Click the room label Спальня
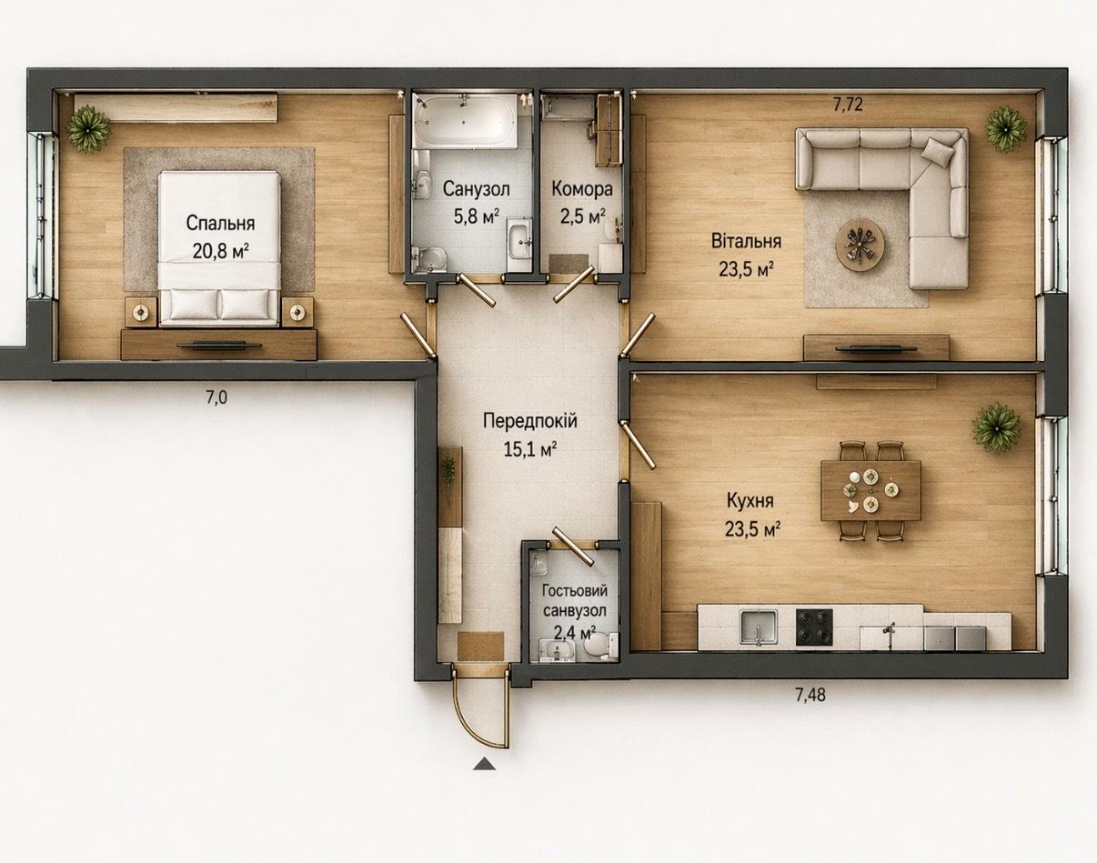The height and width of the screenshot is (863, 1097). coord(220,224)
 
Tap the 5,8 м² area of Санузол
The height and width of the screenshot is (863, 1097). coord(476,216)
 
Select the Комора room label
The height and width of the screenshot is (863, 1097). coord(581,189)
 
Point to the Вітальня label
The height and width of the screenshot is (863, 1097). coord(746,241)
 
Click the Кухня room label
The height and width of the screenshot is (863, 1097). coord(750,500)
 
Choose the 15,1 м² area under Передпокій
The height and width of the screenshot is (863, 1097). coord(529,449)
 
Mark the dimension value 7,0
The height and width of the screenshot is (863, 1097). coord(216,397)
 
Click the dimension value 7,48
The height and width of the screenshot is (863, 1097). coord(810,695)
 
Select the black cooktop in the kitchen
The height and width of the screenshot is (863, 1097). coord(814,627)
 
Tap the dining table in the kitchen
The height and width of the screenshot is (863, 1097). coord(871,490)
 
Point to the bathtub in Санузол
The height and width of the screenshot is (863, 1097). coord(465,120)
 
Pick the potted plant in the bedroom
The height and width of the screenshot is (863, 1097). coord(89,128)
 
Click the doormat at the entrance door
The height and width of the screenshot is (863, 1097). coord(480,646)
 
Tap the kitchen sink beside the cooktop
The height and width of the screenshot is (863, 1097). coord(759,629)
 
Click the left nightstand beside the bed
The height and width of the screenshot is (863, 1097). coord(141,310)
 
